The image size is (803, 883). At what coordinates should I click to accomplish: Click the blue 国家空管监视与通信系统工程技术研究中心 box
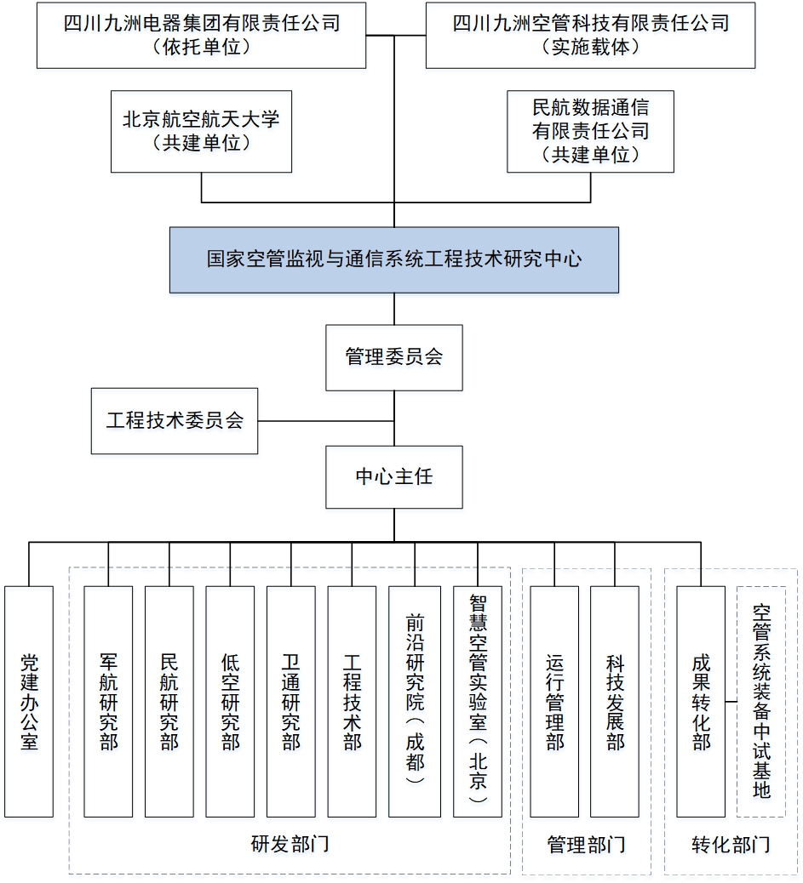393,259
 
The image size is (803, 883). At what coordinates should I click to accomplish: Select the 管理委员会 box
393,357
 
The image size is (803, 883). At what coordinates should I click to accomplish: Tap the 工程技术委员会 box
175,420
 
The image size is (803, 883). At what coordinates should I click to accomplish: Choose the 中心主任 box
393,477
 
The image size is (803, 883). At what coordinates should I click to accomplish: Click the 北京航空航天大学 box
201,131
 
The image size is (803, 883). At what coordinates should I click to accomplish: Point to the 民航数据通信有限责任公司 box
590,131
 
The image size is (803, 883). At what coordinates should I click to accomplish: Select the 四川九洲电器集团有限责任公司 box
201,35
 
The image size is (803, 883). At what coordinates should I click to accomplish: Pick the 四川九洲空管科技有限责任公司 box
590,35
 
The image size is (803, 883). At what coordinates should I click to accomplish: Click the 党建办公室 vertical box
29,701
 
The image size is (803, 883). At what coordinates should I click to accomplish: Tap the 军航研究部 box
108,701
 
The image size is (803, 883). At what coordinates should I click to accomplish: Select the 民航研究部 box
169,701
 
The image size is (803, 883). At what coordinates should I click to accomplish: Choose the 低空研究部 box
230,701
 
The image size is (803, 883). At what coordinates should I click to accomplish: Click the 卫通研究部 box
291,701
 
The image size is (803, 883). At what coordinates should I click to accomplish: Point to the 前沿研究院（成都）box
415,701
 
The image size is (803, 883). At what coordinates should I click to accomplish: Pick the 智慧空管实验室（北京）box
478,701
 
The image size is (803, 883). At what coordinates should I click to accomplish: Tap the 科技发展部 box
615,701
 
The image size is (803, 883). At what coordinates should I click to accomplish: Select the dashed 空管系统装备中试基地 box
761,701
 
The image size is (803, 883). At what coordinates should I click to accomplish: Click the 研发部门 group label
290,844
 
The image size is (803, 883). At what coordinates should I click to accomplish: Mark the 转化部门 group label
731,844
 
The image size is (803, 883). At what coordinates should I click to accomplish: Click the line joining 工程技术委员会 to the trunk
326,420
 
